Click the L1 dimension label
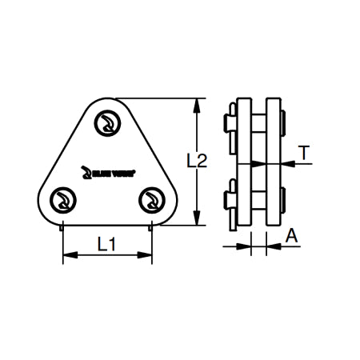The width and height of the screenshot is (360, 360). pyautogui.click(x=107, y=242)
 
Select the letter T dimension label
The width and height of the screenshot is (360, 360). pyautogui.click(x=304, y=152)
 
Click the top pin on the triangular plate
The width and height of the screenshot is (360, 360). pyautogui.click(x=106, y=124)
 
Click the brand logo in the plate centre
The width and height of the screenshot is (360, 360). pyautogui.click(x=105, y=170)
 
